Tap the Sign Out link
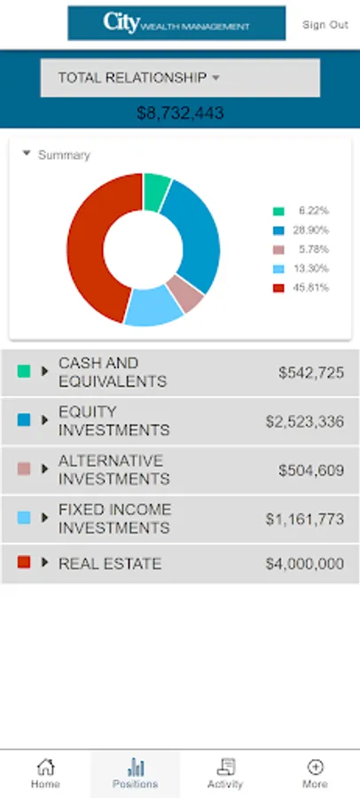point(325,25)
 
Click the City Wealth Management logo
point(176,23)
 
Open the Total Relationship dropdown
point(180,78)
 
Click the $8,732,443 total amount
point(180,113)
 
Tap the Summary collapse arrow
point(27,153)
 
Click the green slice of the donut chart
point(155,192)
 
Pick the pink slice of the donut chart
point(184,293)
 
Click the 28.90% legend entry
point(301,230)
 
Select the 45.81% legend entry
point(301,287)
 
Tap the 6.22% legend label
point(314,211)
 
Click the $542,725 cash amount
point(311,372)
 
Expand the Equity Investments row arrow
point(45,420)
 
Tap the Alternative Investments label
point(114,470)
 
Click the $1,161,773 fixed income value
point(304,519)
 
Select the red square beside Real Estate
point(24,562)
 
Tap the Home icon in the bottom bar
point(45,766)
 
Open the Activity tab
point(225,773)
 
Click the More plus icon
point(315,766)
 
